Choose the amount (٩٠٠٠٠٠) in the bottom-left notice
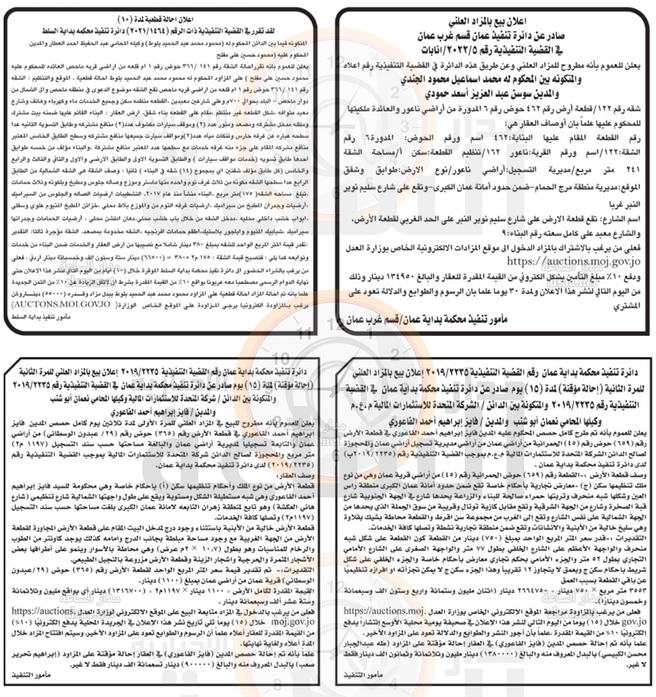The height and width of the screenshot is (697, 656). click(x=150, y=664)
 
